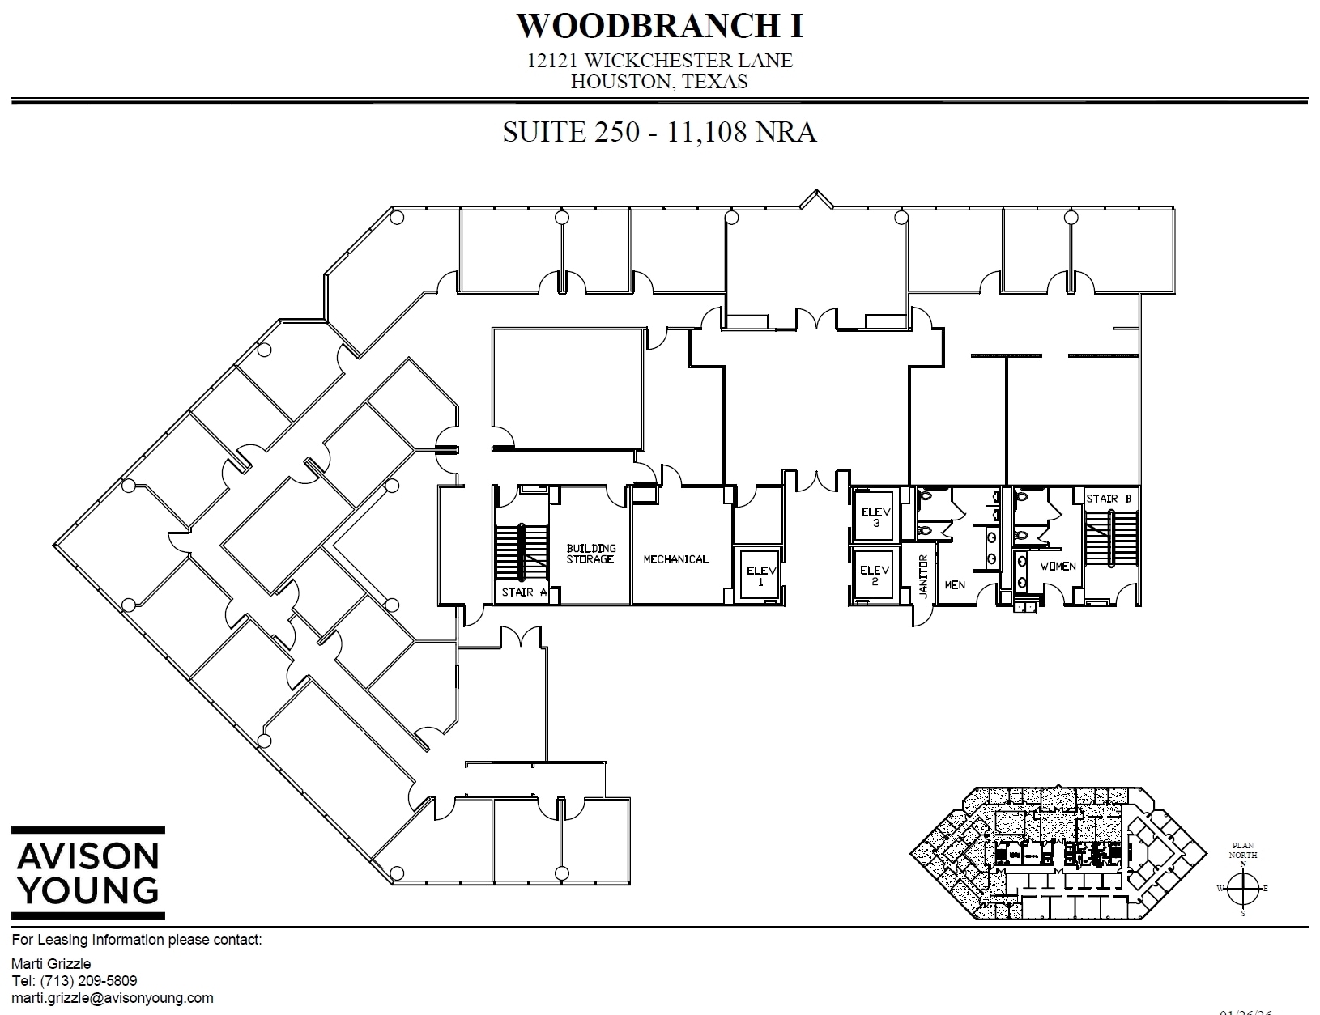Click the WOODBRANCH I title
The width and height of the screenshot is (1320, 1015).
(660, 26)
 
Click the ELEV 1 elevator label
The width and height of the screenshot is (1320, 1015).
(760, 575)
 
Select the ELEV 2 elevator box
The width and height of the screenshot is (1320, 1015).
(874, 575)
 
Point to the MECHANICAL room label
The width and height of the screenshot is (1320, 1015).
(675, 559)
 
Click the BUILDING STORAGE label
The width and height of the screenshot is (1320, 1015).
(590, 554)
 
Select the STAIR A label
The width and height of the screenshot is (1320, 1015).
(523, 592)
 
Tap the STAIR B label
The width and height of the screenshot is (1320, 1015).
(1108, 499)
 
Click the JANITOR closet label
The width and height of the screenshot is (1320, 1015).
(922, 576)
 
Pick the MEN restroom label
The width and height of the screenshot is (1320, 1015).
(955, 584)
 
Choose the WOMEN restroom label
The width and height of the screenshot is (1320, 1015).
(1058, 566)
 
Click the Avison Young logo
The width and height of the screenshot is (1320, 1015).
(87, 873)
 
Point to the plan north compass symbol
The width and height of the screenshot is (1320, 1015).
(1242, 888)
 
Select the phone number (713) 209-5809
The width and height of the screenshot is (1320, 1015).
(75, 981)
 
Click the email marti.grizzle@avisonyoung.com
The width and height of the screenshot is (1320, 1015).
(113, 998)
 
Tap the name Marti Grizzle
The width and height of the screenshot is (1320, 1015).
(51, 964)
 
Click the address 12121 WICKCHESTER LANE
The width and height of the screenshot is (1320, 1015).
(659, 61)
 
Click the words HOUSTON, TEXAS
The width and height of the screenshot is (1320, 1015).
(659, 81)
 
